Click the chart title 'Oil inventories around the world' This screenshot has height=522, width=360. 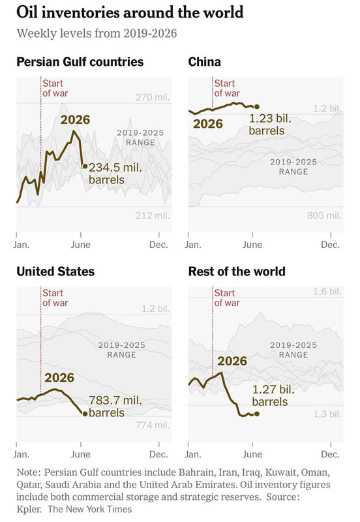pos(130,12)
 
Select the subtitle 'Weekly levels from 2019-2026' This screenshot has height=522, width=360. pos(97,34)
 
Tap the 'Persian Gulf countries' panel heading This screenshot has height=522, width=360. pos(80,62)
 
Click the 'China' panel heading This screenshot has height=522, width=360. pos(204,62)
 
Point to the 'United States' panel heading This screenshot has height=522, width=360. pos(55,271)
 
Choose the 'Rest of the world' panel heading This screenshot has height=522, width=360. pos(237,271)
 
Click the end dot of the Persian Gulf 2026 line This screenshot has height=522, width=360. pos(85,166)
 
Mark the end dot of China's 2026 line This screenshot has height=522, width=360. pos(256,106)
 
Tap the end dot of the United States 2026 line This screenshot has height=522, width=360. pos(85,414)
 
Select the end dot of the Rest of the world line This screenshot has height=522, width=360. pos(256,414)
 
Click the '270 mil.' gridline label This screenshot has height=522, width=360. pos(153,97)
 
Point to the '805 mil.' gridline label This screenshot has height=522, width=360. pos(324,215)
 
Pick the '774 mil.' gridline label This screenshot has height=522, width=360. pos(153,425)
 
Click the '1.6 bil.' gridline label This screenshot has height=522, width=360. pos(327,292)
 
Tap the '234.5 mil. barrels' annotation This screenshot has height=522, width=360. pos(115,174)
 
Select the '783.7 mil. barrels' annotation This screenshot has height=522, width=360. pos(115,406)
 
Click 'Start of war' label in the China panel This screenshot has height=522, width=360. pos(226,88)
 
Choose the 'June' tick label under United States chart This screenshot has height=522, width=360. pos(80,454)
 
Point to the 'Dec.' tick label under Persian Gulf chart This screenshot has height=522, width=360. pos(158,245)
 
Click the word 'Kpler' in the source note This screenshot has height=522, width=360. pos(29,510)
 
